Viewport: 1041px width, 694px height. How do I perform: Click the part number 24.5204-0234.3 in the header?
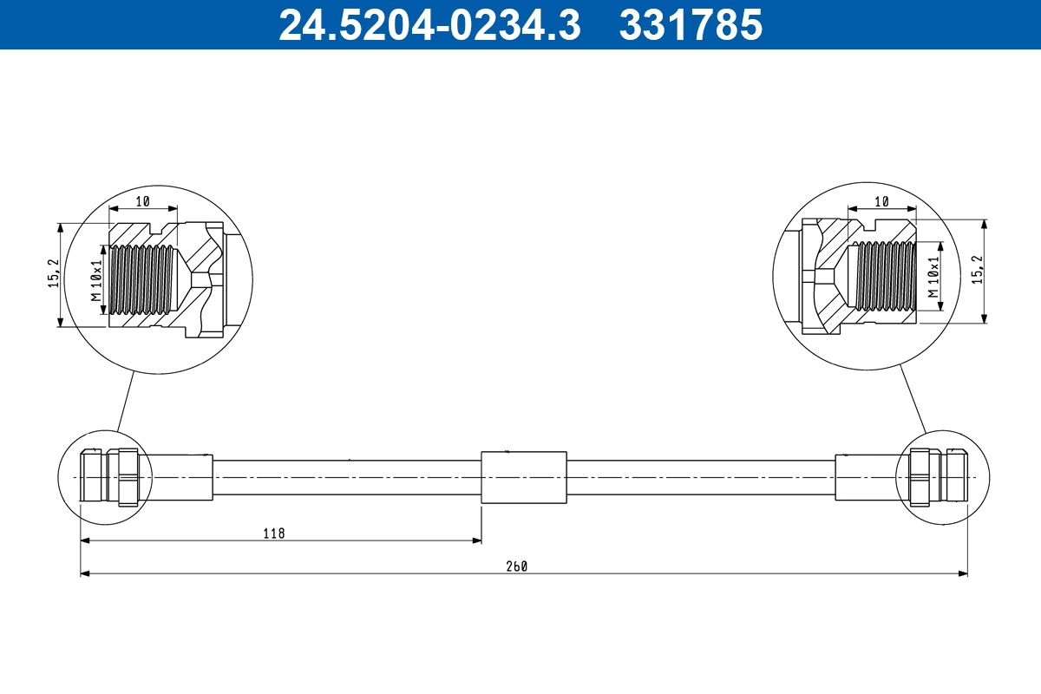click(429, 24)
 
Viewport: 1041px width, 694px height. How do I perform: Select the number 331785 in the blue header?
click(690, 24)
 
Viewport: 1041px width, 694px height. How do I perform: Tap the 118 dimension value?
click(274, 533)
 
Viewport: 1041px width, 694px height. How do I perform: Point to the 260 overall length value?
click(518, 566)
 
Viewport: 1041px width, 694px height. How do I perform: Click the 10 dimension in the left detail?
click(143, 201)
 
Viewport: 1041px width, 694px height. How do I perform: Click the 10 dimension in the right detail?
click(881, 201)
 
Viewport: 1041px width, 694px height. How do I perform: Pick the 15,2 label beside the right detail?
click(977, 270)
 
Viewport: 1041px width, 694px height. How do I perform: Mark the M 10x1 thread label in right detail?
click(933, 277)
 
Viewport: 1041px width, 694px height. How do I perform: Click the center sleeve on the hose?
click(523, 476)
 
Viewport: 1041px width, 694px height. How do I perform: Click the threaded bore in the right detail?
click(884, 275)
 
